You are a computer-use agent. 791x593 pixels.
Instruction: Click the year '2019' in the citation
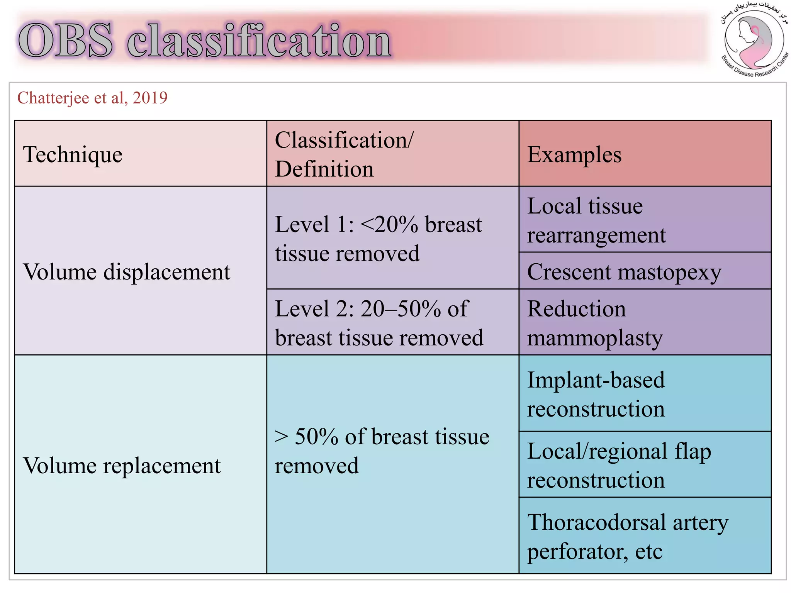pyautogui.click(x=150, y=98)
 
